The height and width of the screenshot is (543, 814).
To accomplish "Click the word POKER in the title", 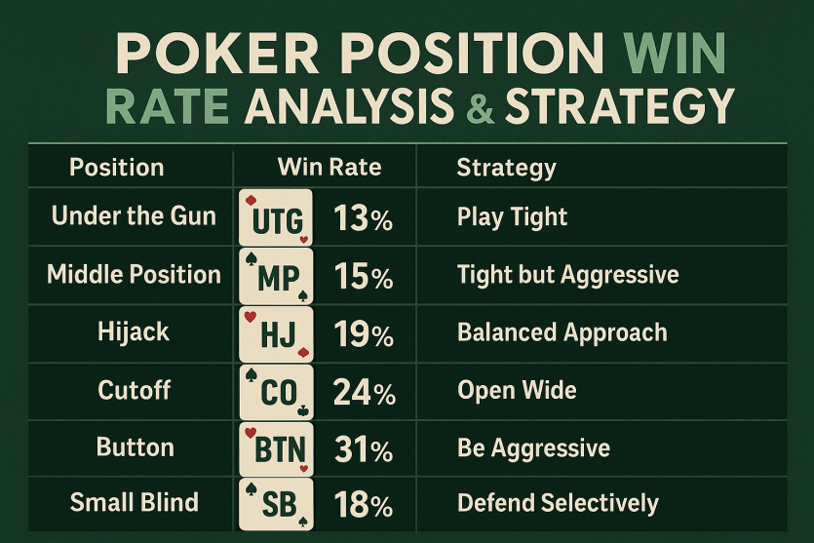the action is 218,54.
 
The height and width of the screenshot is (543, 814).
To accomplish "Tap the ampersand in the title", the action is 481,106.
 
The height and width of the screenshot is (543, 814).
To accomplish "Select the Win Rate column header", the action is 329,167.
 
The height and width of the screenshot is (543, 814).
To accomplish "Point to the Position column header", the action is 117,167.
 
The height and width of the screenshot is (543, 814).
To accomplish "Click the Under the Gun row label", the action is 134,215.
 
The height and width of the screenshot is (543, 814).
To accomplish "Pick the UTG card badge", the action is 276,217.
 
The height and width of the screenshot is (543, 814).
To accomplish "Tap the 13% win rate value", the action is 363,218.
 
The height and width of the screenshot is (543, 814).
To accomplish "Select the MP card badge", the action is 276,276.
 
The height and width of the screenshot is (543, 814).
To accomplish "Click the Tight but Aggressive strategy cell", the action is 568,275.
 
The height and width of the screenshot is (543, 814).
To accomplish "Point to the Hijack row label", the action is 134,332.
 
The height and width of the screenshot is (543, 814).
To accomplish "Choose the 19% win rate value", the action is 364,333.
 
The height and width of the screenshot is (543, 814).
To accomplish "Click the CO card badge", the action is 276,392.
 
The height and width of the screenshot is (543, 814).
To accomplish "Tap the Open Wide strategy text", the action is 517,390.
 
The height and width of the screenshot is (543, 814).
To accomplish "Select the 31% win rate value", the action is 364,449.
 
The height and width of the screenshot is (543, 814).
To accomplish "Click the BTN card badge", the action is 276,449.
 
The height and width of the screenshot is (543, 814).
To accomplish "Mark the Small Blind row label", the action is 135,502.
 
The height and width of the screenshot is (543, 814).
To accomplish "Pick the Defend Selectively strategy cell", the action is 558,503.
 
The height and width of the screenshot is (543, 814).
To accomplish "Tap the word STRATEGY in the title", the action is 620,105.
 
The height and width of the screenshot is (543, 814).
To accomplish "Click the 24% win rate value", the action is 365,392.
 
